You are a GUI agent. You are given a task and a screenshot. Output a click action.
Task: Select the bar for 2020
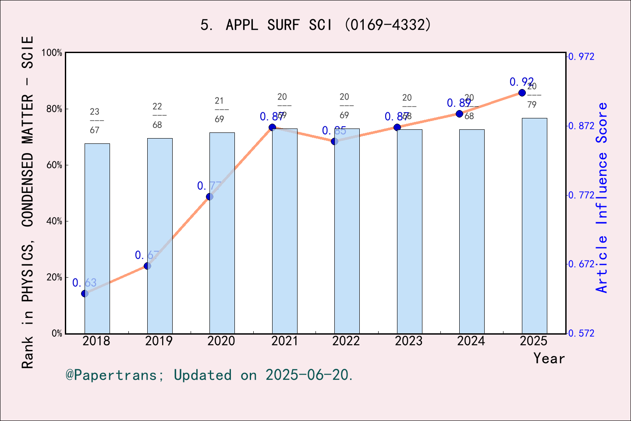222,233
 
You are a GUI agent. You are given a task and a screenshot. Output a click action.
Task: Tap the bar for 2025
534,225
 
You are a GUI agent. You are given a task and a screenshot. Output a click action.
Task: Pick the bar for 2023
409,231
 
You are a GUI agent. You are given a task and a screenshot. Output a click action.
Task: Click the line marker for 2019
147,266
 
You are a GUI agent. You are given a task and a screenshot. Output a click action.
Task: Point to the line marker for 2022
334,141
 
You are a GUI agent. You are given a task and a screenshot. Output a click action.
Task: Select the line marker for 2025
522,93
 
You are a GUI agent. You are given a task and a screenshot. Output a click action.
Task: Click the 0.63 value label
84,283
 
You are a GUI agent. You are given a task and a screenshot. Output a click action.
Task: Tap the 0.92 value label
521,82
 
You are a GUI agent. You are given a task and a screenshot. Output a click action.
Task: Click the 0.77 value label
209,186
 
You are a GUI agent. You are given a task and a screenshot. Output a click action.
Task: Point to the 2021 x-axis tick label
284,341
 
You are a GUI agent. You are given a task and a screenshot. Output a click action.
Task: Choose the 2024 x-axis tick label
471,341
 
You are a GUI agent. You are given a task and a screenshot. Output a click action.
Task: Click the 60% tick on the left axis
54,165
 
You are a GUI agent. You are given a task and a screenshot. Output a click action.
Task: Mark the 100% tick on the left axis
52,53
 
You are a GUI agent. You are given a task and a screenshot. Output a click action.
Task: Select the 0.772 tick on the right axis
581,195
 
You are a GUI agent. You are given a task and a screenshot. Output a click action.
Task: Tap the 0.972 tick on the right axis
581,57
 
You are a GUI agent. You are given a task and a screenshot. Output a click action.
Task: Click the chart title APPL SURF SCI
315,25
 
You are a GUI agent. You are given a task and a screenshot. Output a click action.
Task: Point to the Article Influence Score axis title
602,197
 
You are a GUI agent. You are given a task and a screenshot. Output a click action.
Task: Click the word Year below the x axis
549,358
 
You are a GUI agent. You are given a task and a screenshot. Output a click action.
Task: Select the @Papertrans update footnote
209,375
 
